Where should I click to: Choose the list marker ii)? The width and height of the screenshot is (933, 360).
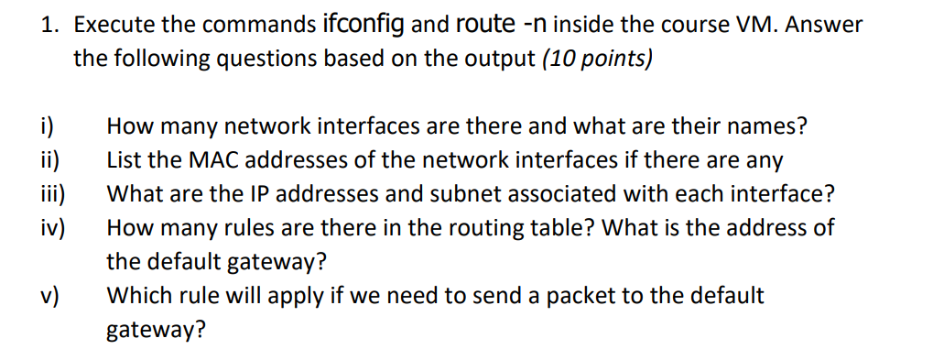click(x=49, y=159)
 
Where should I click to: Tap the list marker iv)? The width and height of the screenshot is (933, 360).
click(x=52, y=227)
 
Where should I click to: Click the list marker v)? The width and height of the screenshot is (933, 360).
click(x=49, y=295)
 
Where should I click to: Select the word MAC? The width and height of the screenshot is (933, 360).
click(x=210, y=159)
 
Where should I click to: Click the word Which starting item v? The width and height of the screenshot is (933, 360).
click(x=136, y=295)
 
